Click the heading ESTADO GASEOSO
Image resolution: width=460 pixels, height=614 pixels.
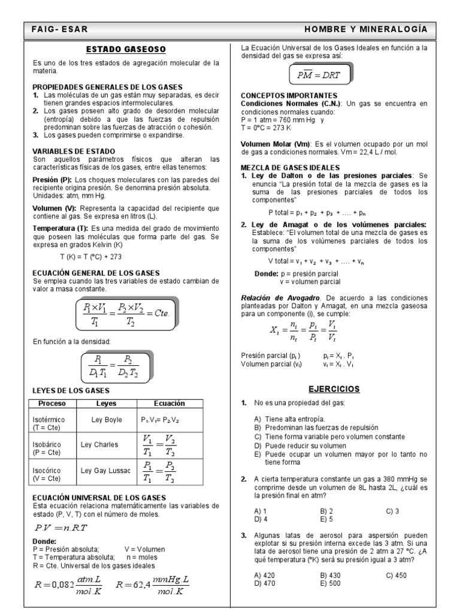126,49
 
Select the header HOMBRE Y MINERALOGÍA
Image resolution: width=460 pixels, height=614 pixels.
365,29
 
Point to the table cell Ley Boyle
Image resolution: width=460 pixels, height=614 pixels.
106,420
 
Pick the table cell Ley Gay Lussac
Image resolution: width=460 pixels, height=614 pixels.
106,471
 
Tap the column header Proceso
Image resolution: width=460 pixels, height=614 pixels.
52,404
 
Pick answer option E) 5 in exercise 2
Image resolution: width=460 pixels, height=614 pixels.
326,519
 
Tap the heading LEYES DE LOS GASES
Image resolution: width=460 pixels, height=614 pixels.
71,390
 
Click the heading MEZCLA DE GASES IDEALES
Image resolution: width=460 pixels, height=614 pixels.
286,167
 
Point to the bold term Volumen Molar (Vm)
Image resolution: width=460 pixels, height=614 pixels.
276,145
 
